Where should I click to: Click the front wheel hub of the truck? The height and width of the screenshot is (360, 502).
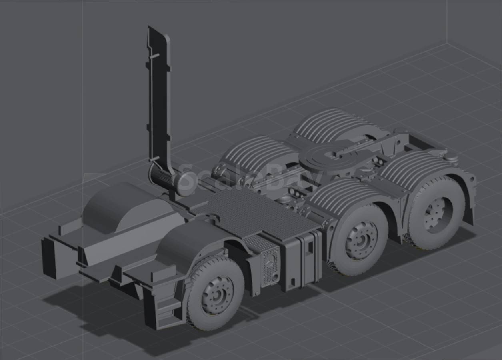217,296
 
